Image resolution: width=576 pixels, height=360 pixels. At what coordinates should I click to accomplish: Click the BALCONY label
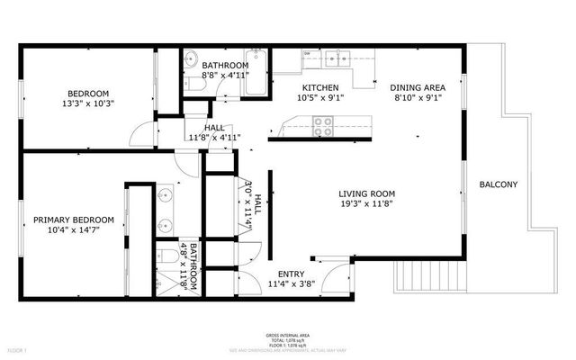[x=498, y=184]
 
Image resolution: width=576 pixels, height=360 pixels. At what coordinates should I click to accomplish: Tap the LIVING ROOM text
[x=366, y=193]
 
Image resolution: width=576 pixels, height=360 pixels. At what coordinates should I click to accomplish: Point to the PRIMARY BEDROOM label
[x=74, y=220]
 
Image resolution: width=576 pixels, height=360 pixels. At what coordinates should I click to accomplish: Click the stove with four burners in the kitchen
[x=322, y=130]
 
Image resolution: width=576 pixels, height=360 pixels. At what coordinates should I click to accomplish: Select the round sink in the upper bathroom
[x=191, y=61]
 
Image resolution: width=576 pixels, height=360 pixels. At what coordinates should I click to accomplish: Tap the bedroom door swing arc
[x=142, y=137]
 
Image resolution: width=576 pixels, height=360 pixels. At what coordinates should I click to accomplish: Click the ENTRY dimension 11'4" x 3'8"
[x=290, y=285]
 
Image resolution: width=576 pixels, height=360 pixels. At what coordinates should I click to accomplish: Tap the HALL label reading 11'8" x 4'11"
[x=214, y=138]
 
